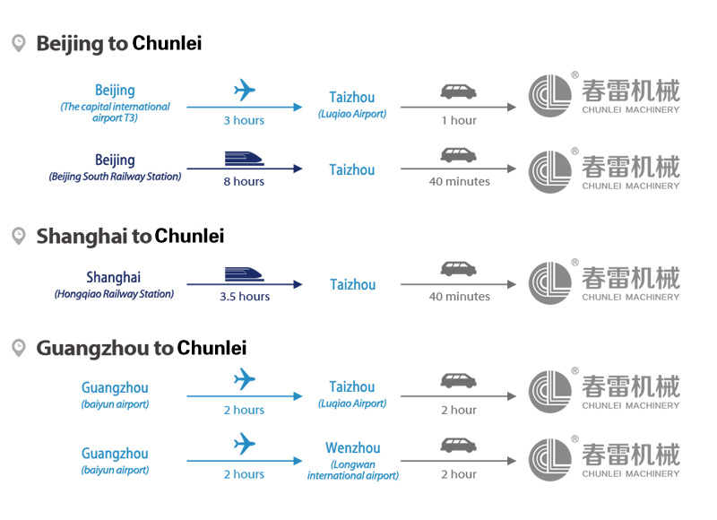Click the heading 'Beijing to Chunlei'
[118, 43]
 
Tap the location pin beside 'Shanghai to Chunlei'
[18, 236]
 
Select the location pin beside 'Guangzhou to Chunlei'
[18, 347]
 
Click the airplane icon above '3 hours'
[244, 91]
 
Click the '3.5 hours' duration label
[245, 297]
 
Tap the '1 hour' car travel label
[458, 120]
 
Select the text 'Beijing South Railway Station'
[115, 177]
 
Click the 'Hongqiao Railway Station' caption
[114, 293]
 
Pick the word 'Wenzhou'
[352, 448]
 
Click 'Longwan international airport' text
[352, 470]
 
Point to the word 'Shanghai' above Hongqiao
[114, 277]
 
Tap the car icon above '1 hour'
[458, 91]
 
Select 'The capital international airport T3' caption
[115, 112]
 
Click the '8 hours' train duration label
[244, 181]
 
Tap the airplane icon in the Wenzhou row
[244, 443]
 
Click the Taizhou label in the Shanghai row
[352, 284]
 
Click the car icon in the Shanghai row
[458, 268]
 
